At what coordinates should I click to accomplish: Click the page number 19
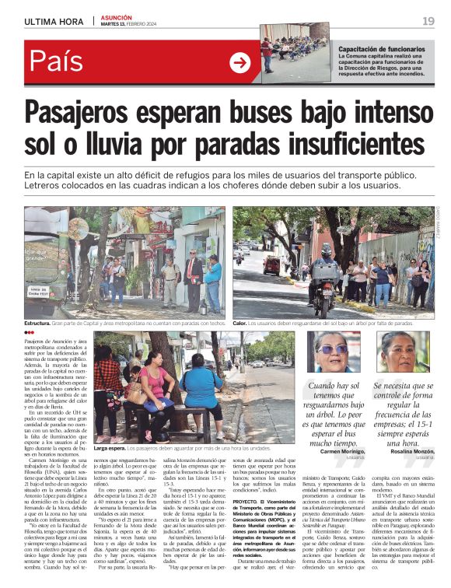(x=428, y=20)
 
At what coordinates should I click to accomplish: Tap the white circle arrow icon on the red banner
(x=240, y=63)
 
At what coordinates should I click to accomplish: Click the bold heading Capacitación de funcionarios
(x=382, y=49)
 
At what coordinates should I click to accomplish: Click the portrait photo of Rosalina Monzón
(x=398, y=354)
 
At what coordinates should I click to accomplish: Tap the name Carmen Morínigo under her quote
(x=341, y=451)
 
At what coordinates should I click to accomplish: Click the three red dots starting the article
(x=29, y=333)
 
